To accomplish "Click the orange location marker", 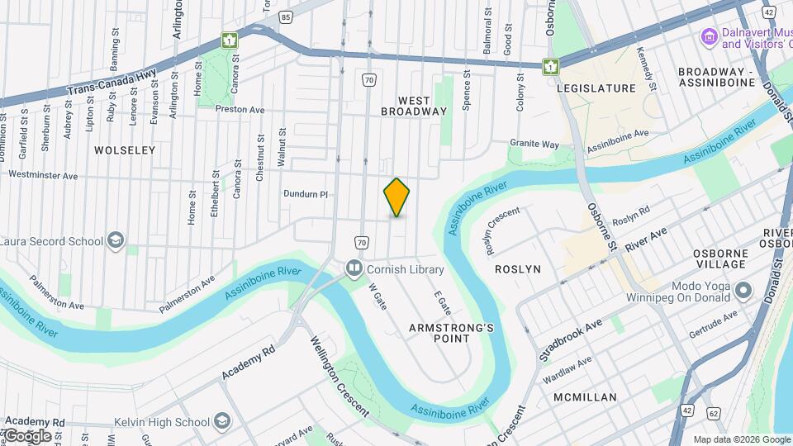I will click(x=396, y=197).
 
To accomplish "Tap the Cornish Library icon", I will click(x=354, y=268).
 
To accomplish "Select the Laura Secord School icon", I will click(x=116, y=240).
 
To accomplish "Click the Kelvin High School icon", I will click(x=221, y=422).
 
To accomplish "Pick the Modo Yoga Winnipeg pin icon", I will click(x=743, y=290).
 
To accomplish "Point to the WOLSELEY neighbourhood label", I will click(x=125, y=150).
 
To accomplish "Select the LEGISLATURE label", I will click(x=596, y=88).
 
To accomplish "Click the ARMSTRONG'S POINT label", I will click(x=451, y=333).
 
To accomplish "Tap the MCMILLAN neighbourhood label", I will click(x=585, y=397).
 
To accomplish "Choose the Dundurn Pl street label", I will click(x=306, y=195).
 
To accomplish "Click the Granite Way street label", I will click(x=534, y=144).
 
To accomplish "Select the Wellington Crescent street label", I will click(x=340, y=377).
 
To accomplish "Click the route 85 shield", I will click(x=286, y=17).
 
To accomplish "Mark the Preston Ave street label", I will click(x=239, y=109).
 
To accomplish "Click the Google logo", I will click(x=27, y=435).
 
